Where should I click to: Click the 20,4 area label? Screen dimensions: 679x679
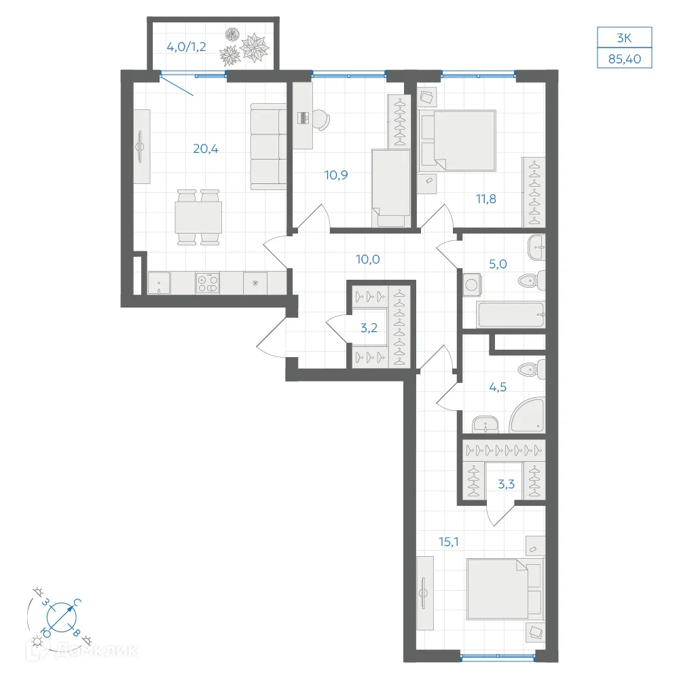coord(206,149)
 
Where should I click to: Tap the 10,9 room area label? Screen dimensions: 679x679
coord(336,175)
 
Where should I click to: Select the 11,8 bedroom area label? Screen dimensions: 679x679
coord(486,199)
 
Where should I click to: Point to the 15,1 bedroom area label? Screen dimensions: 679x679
coord(449,541)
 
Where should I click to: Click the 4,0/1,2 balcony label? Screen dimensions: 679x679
coord(186,47)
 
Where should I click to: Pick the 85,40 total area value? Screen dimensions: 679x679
coord(625,59)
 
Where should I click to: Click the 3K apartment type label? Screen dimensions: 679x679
coord(625,38)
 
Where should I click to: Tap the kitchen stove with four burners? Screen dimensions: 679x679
coord(207,283)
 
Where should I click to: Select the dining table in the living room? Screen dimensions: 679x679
coord(198,217)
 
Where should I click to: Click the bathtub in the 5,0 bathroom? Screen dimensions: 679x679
coord(510,314)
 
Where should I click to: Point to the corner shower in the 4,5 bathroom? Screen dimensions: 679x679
coord(527,415)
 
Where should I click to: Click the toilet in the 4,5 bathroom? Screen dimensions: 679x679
coord(532,369)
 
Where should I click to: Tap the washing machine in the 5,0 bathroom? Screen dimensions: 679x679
coord(472,285)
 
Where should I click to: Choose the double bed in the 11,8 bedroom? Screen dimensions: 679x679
coord(458,140)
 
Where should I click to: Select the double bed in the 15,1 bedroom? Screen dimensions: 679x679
coord(504,589)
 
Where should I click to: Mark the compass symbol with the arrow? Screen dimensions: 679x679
coord(62,617)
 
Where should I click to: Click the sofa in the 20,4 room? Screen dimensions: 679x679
coord(268,147)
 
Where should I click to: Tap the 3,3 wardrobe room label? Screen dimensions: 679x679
coord(507,483)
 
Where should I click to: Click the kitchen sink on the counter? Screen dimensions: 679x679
coord(159,283)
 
